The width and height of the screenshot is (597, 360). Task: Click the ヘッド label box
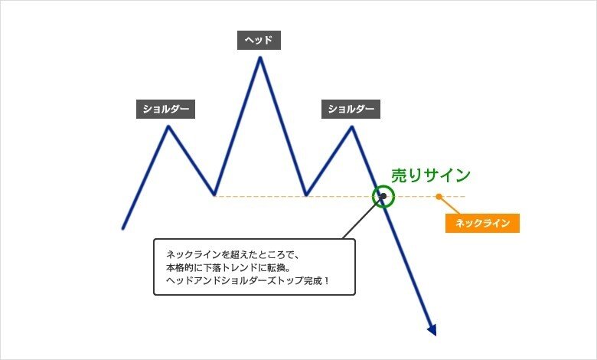coord(259,40)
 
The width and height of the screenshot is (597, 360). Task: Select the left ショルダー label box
coord(165,109)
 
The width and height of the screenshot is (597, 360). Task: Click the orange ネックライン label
coord(482,223)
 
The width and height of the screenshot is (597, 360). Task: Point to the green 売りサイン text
coord(431,175)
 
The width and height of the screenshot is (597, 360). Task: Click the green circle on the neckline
coord(383,196)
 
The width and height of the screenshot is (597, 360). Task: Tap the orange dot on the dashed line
coord(439,197)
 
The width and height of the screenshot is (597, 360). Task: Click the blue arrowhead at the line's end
coord(432,330)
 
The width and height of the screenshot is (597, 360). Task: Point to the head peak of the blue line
coord(260,58)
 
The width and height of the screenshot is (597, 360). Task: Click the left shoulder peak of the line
coord(168,126)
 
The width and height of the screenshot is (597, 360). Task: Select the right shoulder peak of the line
coord(352,126)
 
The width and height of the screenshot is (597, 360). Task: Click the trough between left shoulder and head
coord(214,195)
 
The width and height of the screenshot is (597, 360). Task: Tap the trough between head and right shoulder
coord(306,195)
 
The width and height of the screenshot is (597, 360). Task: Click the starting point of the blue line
coord(122,227)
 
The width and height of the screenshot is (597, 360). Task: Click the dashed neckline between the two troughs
coord(260,197)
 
